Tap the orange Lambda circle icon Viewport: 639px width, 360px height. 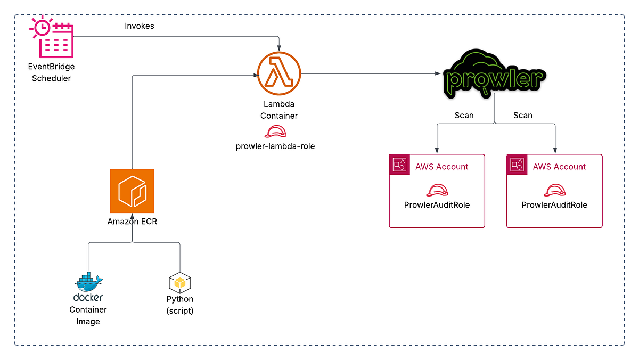(279, 74)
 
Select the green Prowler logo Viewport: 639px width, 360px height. (495, 75)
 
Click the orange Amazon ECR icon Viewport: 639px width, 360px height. (132, 191)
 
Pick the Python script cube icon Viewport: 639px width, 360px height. (179, 282)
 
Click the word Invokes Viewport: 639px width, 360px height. (140, 26)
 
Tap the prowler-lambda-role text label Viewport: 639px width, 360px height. (275, 146)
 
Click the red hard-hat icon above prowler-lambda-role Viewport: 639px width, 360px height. (275, 132)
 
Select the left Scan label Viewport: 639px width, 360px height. (464, 115)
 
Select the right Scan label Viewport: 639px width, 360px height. (522, 115)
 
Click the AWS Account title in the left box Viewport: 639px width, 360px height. (441, 167)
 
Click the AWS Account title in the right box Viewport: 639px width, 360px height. (559, 167)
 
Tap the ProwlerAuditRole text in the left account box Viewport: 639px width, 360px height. (437, 205)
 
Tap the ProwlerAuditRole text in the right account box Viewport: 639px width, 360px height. (554, 205)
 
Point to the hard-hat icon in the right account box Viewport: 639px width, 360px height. (554, 190)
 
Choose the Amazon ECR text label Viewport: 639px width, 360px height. (132, 222)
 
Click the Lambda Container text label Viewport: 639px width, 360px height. (279, 110)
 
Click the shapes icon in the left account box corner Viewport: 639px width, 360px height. (399, 164)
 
